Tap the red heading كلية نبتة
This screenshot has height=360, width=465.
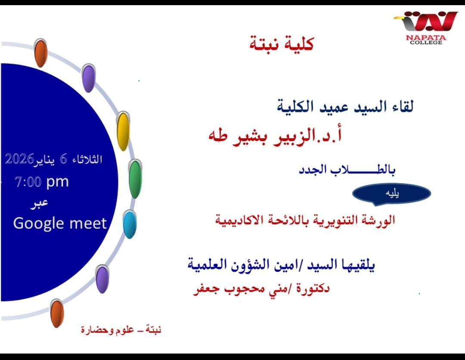pos(282,44)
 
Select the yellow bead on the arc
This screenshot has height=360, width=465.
pos(123,131)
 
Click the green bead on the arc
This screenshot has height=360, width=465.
pos(135,178)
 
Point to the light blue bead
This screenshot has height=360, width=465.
pos(130,224)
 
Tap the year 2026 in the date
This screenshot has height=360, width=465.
pos(19,159)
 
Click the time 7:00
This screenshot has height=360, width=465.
pos(28,182)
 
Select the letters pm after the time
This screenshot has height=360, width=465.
pos(58,182)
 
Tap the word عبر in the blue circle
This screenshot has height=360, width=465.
pos(39,204)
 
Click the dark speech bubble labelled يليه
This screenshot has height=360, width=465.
pos(391,194)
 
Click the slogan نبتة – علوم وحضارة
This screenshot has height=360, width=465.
pos(121,329)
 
